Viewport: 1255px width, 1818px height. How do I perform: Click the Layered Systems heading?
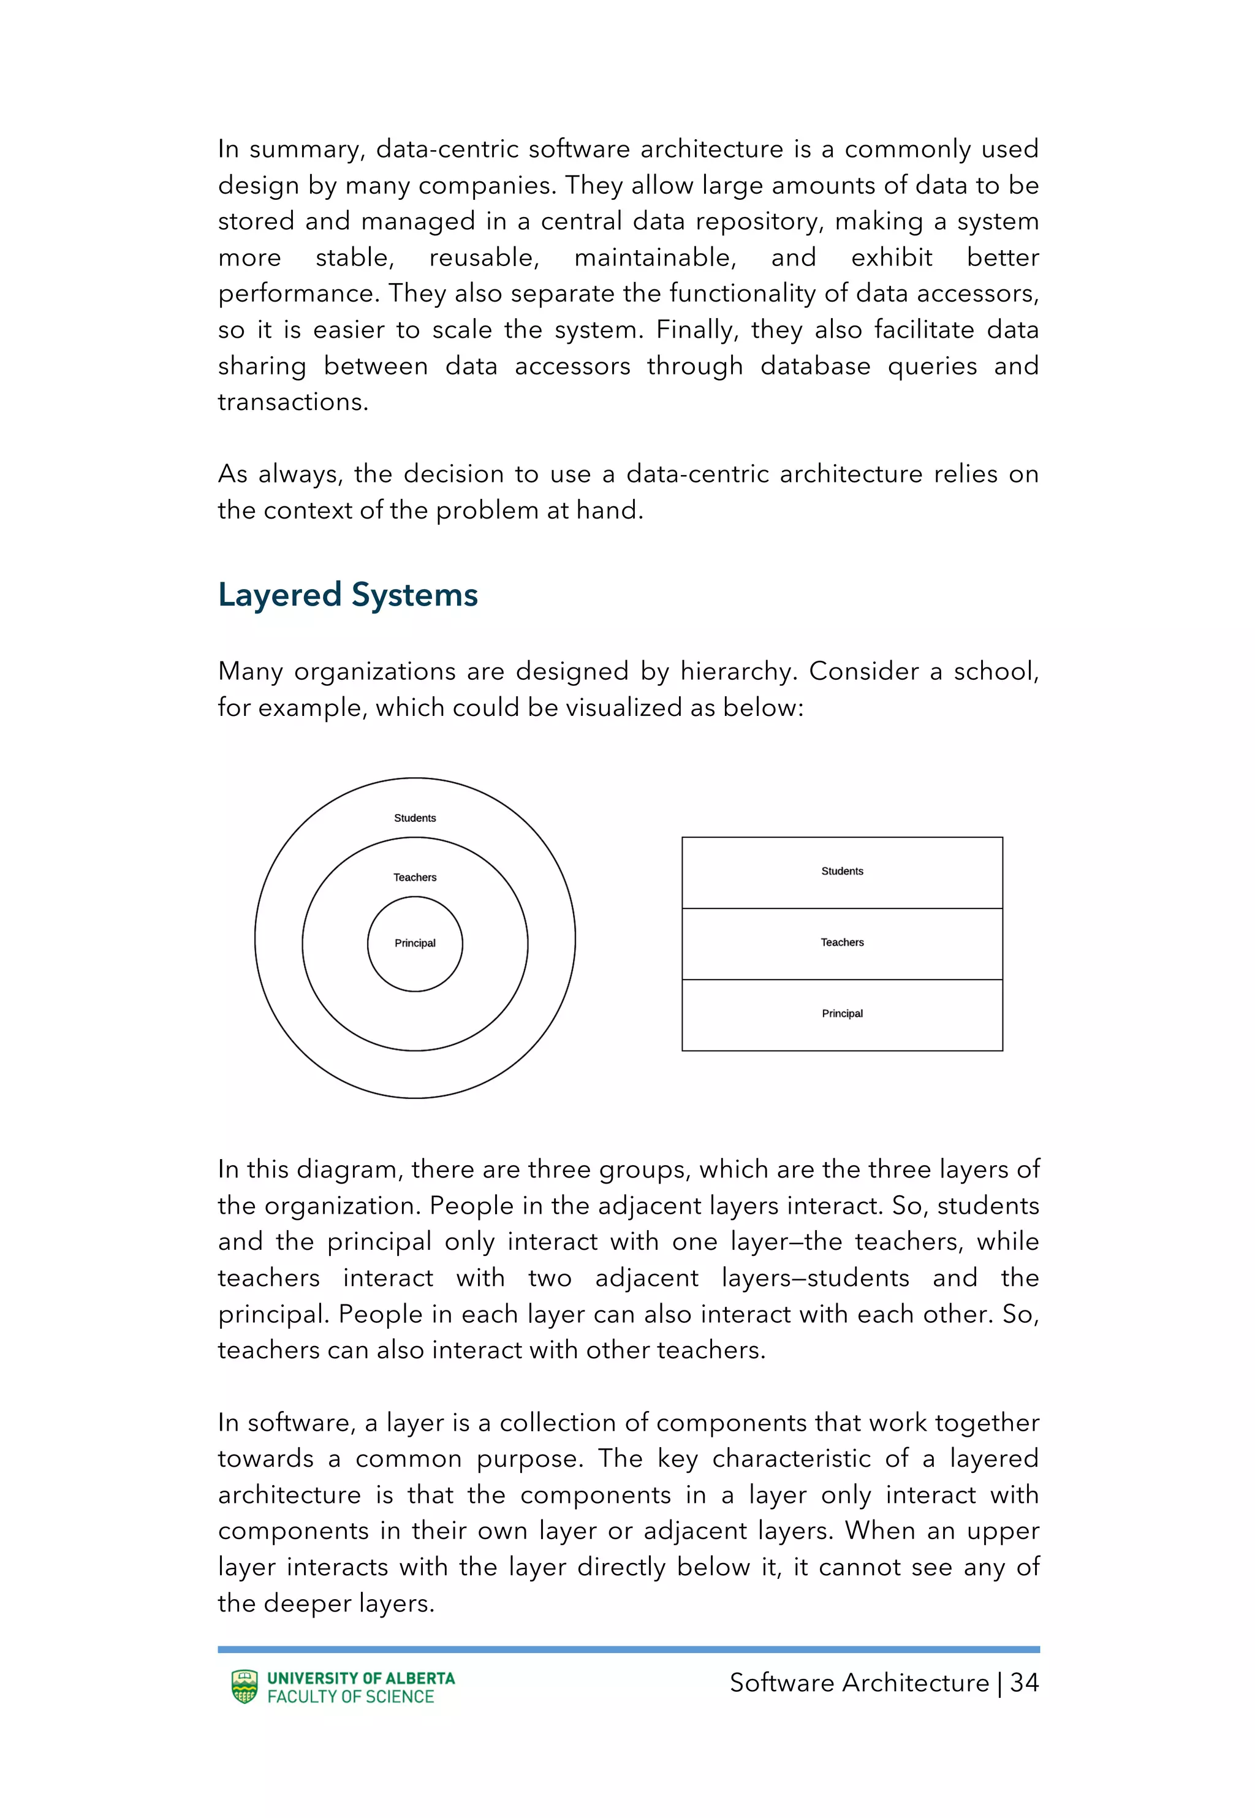(347, 595)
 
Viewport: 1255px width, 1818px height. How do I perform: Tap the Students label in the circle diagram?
(414, 818)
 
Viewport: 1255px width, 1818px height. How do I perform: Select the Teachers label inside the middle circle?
(414, 878)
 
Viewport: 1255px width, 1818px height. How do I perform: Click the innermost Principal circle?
(414, 943)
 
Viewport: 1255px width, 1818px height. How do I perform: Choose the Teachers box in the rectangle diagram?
(841, 943)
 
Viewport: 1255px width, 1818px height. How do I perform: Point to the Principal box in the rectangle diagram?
(841, 1014)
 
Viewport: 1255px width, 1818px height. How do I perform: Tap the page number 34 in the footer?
(1024, 1683)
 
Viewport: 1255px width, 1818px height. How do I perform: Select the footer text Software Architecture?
(859, 1683)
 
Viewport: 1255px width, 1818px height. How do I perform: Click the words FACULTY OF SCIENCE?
(351, 1697)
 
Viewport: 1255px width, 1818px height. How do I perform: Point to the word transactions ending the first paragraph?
(292, 402)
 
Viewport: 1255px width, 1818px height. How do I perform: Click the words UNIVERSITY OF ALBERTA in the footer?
(361, 1677)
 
